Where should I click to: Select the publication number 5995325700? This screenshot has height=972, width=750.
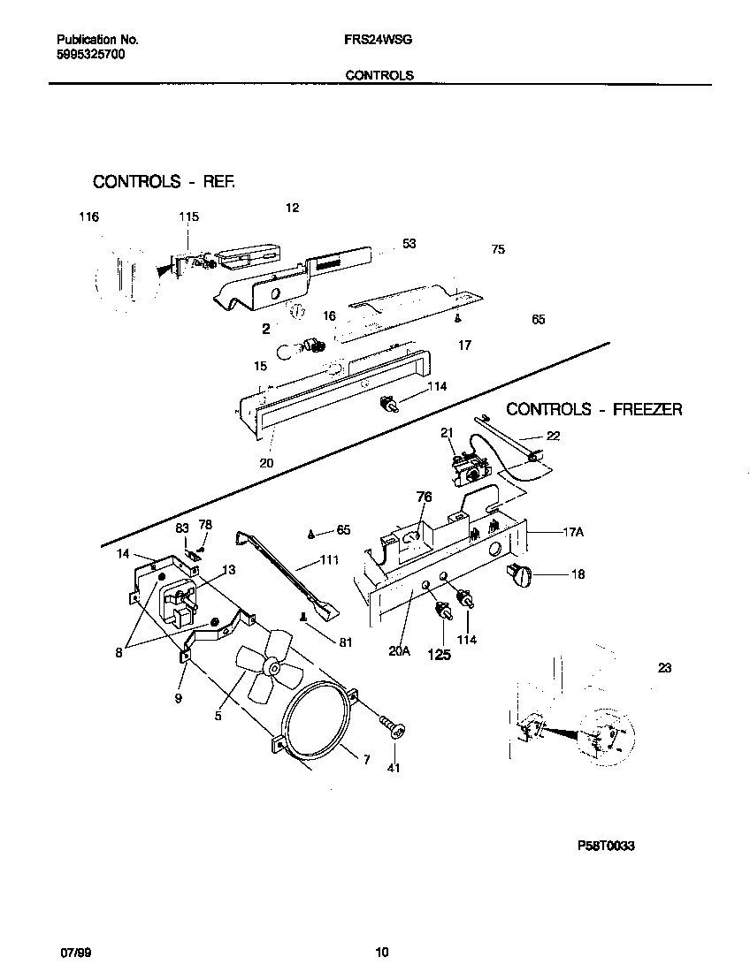tap(90, 55)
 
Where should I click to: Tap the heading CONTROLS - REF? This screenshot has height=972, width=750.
tap(165, 182)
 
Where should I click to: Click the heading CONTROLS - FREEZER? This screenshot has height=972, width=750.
tap(593, 410)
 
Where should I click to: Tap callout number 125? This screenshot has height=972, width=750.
tap(440, 655)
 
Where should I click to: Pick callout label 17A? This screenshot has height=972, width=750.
tap(574, 533)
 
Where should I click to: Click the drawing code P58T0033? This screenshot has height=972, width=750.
tap(606, 846)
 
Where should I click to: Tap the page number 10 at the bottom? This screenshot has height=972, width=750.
tap(381, 953)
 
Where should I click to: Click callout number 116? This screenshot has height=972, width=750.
tap(88, 217)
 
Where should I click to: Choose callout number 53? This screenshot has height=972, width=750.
tap(409, 244)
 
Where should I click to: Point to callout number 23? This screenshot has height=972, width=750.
tap(664, 668)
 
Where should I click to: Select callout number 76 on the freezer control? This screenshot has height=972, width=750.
tap(424, 498)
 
